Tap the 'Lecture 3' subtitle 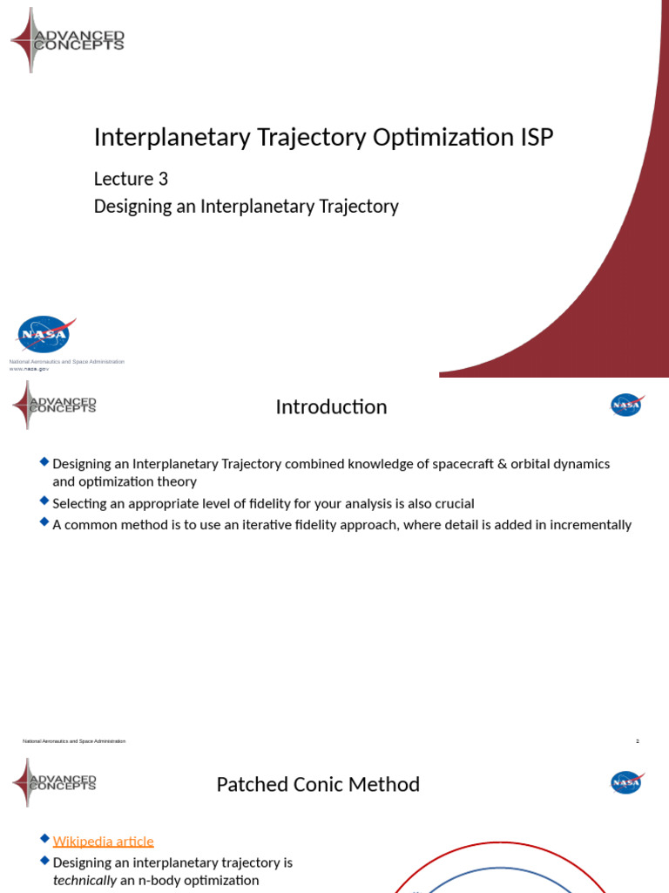(x=131, y=180)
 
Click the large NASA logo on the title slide (x=44, y=335)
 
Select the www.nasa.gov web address (x=29, y=369)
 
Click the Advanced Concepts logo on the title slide (x=67, y=40)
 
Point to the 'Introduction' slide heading (x=331, y=407)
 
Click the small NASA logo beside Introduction (x=626, y=405)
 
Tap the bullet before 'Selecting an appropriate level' (x=44, y=501)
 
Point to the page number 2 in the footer (x=638, y=741)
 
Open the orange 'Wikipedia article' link (x=103, y=842)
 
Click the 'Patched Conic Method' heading (x=318, y=785)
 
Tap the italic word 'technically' (x=84, y=880)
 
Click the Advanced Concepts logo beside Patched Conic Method (x=54, y=782)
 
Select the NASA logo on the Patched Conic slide (x=626, y=782)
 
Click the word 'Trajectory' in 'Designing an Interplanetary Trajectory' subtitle (x=359, y=207)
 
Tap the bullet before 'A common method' (x=44, y=523)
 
